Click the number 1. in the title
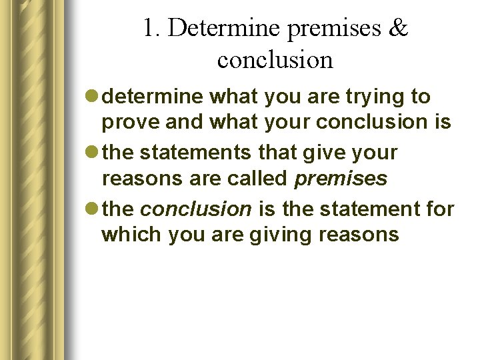[151, 28]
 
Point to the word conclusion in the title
[275, 60]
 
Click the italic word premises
[340, 179]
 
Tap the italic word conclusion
[196, 209]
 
